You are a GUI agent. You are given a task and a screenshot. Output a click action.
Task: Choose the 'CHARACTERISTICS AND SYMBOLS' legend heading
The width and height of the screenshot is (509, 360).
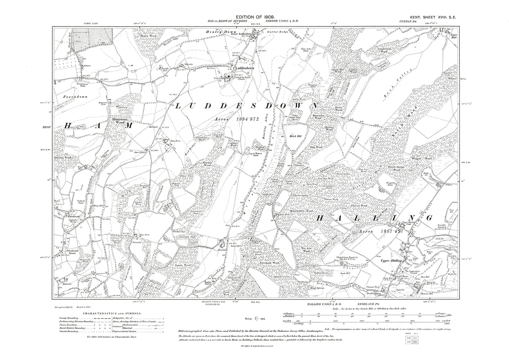(112, 313)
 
